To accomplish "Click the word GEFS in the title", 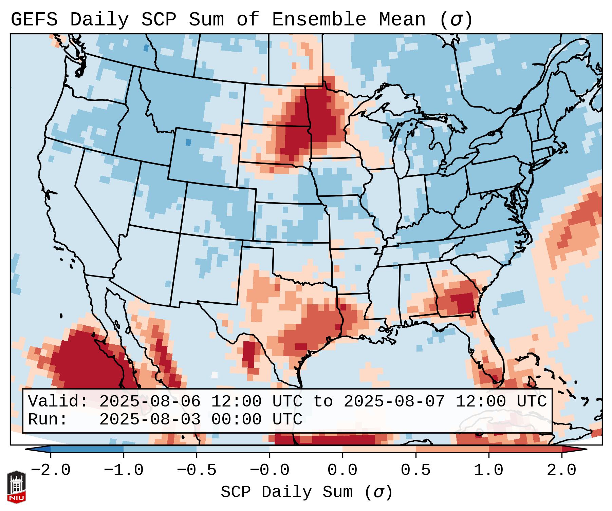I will point(34,20).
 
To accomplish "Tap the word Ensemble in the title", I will point(319,20).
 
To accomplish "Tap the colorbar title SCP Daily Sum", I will point(286,492).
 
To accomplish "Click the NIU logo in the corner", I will point(16,487).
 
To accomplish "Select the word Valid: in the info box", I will point(58,402).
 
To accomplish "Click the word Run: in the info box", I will point(48,420).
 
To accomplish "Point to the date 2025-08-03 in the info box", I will point(150,420).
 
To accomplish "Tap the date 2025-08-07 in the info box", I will point(394,402).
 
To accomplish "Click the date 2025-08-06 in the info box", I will point(150,402).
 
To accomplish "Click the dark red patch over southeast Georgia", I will point(465,302).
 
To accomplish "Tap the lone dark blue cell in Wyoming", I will point(188,143).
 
